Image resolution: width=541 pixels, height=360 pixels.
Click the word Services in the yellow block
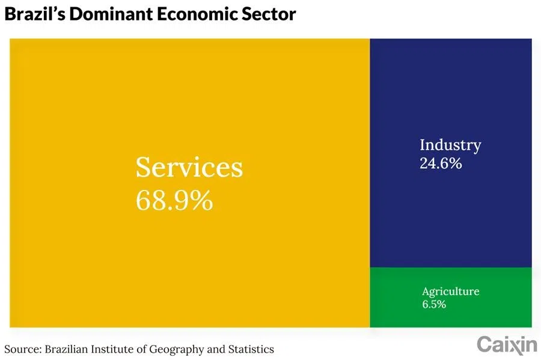click(189, 167)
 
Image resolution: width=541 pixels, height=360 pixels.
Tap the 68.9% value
click(174, 200)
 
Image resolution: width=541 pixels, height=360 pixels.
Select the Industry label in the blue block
click(450, 145)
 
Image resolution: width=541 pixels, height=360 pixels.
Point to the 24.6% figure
click(441, 163)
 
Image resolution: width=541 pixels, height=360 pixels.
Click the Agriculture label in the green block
click(450, 291)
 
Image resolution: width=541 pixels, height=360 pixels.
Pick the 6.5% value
click(434, 305)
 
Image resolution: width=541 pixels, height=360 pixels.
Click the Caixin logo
click(507, 344)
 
